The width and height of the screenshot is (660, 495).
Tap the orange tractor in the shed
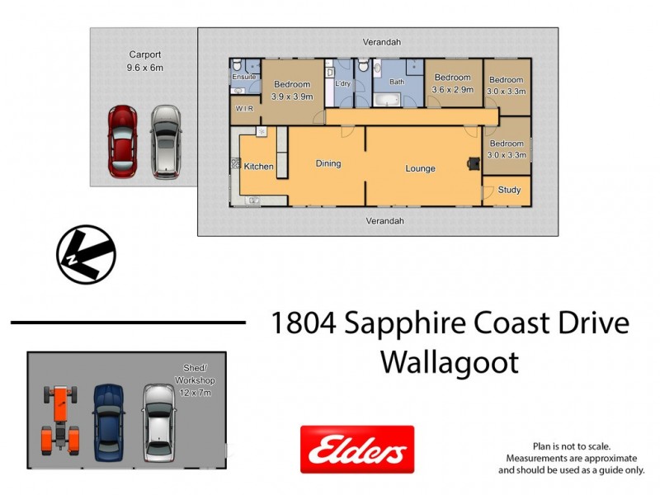coord(62,419)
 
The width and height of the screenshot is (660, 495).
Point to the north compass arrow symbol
coord(86,254)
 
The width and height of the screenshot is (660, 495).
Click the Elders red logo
coord(357,450)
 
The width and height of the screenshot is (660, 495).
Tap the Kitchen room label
coord(258,167)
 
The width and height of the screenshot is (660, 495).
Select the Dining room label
coord(328,163)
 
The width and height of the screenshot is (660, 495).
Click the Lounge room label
coord(420,168)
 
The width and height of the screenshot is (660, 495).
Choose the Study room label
coord(509,190)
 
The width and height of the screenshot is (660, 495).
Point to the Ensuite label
coord(243,77)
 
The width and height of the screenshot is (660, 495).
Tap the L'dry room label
coord(344,84)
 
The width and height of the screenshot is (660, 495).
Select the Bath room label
coord(397,82)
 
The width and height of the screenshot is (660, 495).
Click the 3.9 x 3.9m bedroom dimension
coord(291,97)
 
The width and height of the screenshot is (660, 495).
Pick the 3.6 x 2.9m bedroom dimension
coord(454,90)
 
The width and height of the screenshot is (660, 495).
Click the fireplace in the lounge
coord(474,163)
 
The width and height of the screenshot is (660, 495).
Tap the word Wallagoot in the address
coord(450,362)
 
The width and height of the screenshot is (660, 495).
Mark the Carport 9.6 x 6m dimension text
coord(144,68)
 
